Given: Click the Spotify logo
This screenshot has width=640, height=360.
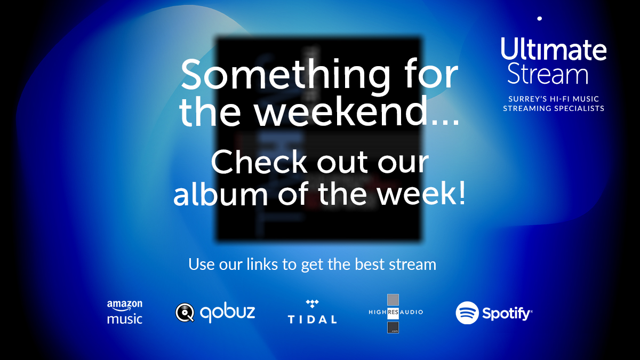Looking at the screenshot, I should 494,313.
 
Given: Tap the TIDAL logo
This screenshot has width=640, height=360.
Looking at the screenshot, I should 312,313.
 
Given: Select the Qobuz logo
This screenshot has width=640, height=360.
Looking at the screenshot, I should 215,313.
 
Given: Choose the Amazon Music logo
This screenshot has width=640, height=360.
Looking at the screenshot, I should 125,313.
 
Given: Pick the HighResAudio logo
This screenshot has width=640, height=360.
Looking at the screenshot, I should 395,313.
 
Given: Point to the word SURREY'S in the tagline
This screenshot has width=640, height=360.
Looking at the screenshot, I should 528,99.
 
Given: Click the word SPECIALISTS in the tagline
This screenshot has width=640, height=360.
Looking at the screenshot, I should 579,108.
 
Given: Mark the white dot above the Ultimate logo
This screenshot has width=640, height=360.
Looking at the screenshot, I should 540,18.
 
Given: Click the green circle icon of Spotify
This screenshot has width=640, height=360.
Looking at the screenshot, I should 467,313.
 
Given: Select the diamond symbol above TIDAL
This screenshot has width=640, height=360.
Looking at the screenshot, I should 312,304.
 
